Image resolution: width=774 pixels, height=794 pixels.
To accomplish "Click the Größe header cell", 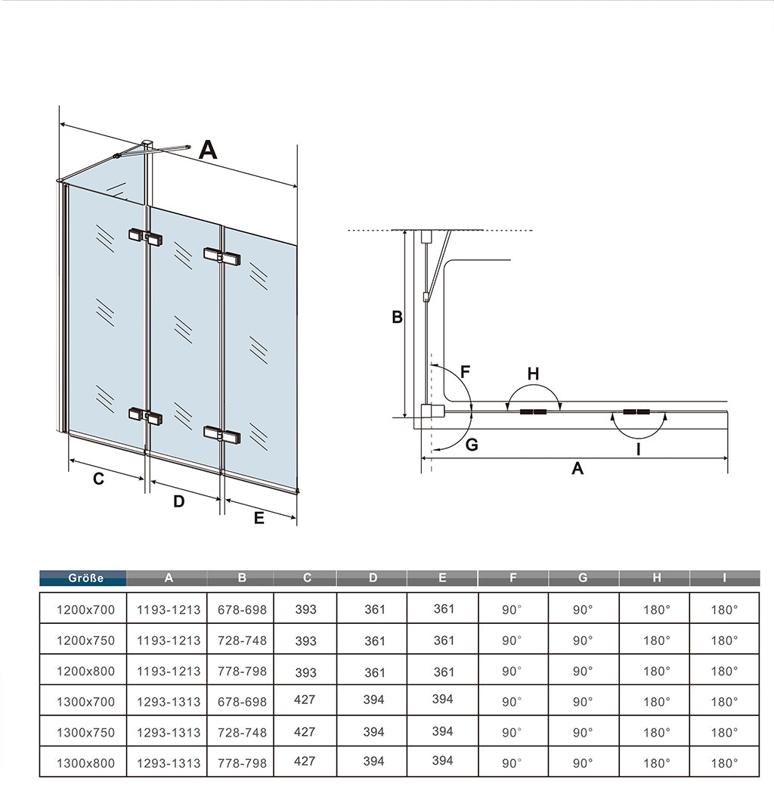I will (x=83, y=578).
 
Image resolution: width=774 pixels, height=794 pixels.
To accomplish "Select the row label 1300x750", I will (x=85, y=732).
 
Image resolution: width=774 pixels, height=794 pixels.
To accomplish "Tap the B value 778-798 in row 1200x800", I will (x=242, y=671).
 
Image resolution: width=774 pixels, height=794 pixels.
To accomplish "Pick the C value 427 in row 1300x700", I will (x=305, y=700).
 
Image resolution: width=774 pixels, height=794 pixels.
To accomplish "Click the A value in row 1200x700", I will (x=169, y=609).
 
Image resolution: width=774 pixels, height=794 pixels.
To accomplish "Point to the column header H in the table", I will (x=656, y=578).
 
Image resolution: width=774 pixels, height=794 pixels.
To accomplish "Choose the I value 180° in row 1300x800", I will (x=724, y=763).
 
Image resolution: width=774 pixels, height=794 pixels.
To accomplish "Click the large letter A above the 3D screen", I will (x=207, y=150).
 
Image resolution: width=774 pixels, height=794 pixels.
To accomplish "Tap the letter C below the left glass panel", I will (x=98, y=479).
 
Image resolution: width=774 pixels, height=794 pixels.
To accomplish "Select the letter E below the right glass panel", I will (x=259, y=518).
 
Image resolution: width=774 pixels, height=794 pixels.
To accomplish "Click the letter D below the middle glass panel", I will (x=179, y=501).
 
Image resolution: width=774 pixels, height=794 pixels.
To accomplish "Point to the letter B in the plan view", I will (x=397, y=318).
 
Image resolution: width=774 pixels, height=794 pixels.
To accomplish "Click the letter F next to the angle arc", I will (x=466, y=372).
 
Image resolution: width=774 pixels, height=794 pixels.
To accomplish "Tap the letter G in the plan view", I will (x=472, y=445).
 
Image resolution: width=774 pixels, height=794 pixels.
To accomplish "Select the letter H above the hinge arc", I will (x=533, y=374).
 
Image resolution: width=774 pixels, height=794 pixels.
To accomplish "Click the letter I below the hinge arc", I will (x=639, y=448).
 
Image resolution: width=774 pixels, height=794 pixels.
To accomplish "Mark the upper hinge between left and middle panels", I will (x=145, y=237).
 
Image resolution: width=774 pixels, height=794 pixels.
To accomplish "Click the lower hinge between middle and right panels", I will (x=221, y=435).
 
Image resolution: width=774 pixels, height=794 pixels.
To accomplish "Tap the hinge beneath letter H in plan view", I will (x=534, y=412).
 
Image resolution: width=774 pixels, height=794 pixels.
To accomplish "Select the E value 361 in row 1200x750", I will (x=444, y=640).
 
